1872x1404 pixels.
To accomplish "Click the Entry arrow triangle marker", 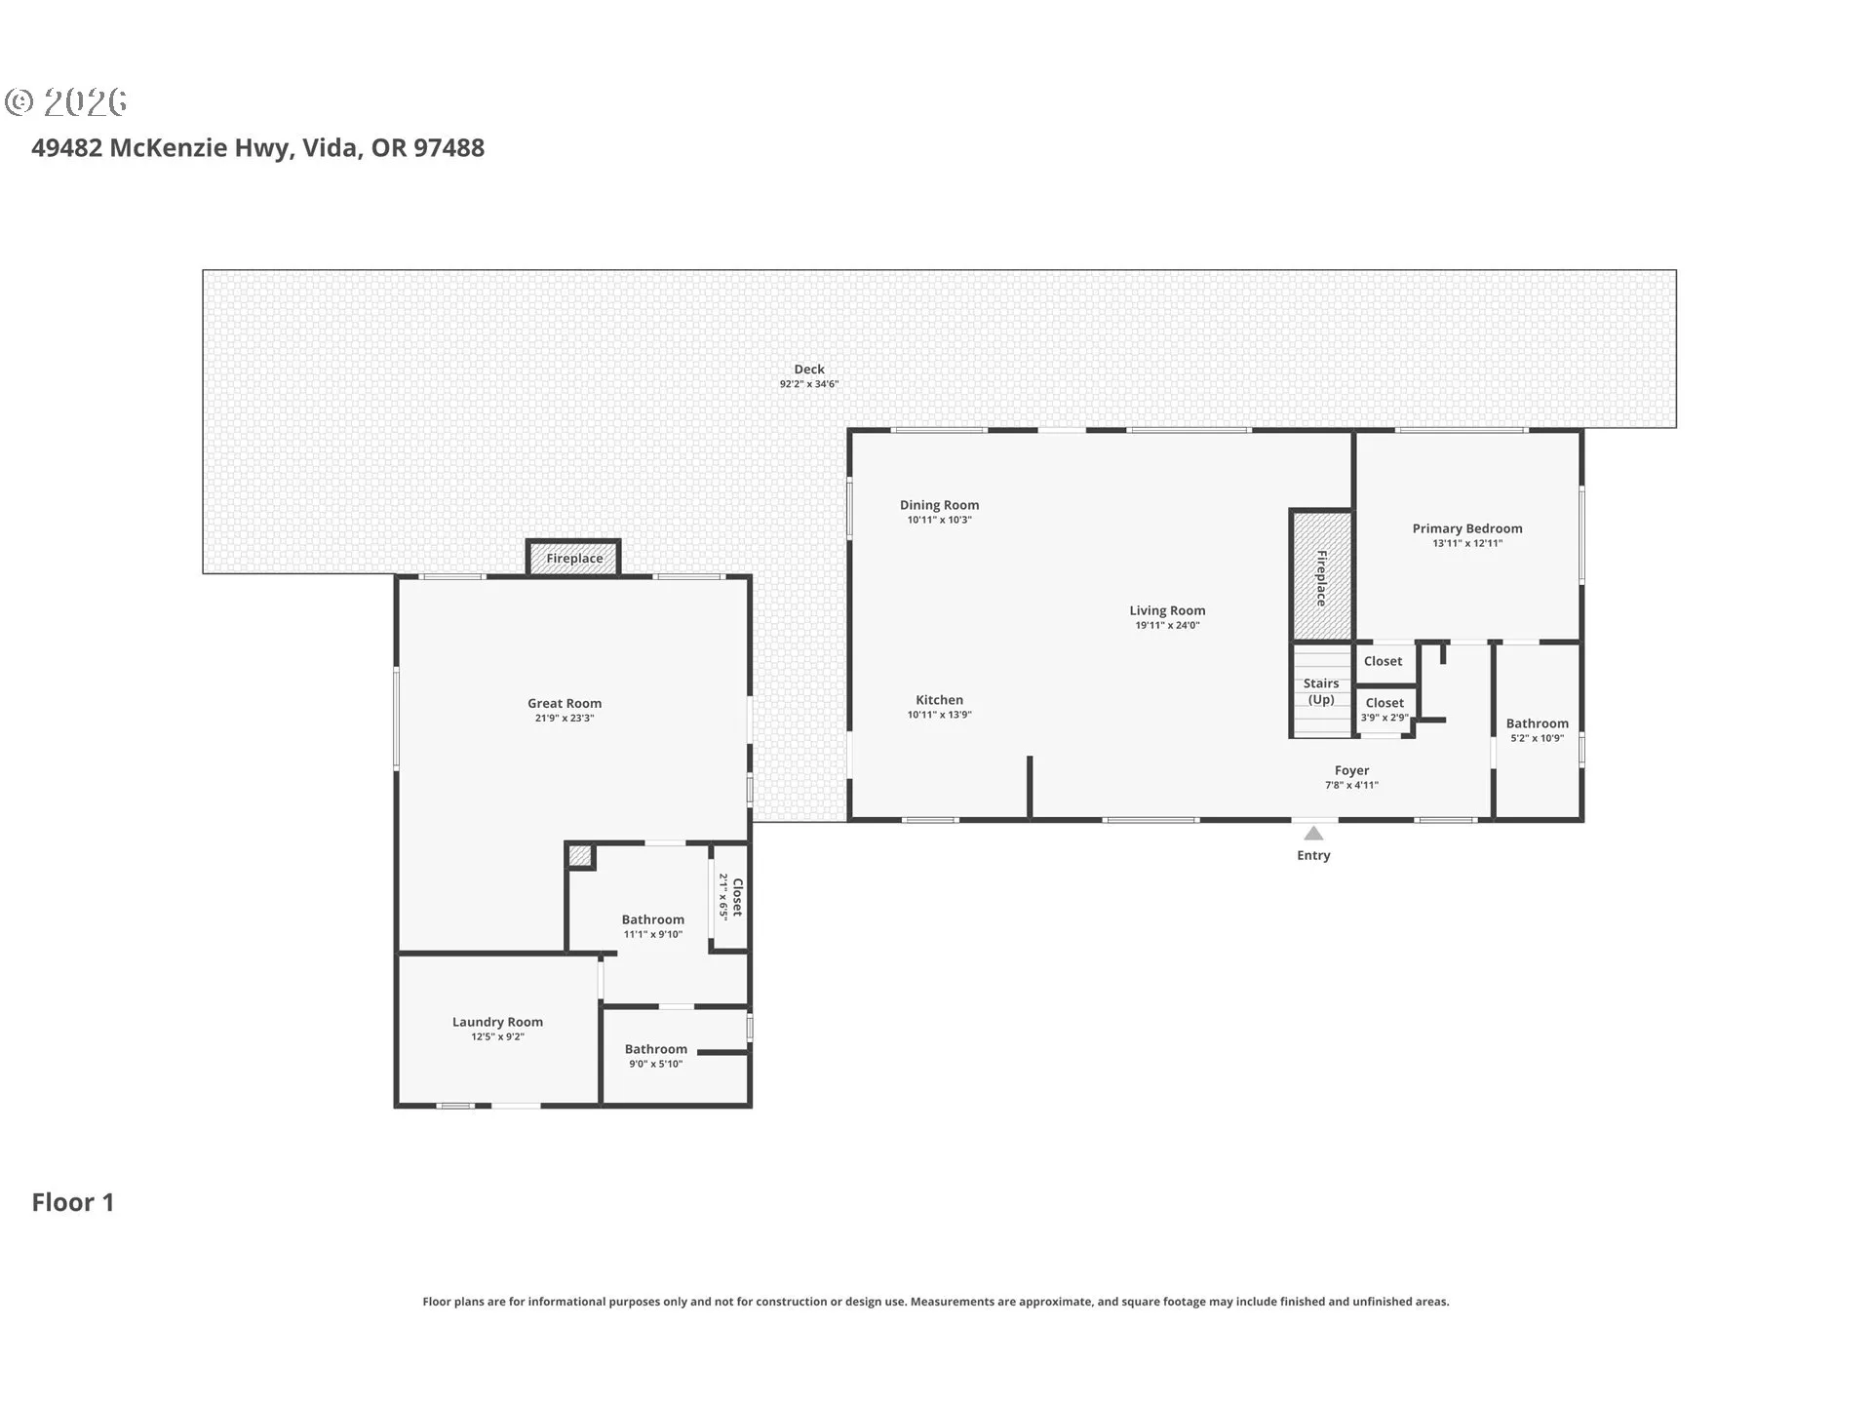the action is [1313, 833].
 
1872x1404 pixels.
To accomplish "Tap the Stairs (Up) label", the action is [1321, 691].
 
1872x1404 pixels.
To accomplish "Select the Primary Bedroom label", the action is [1467, 528].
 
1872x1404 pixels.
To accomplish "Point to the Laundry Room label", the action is [497, 1022].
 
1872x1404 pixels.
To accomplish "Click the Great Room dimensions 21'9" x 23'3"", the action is [565, 719].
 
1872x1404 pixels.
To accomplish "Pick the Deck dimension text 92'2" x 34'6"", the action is [809, 384].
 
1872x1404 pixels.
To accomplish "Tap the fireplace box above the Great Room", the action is [574, 558].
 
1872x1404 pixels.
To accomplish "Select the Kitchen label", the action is [939, 700].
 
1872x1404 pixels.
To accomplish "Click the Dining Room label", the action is [939, 505].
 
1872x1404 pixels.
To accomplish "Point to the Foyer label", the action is [1351, 770].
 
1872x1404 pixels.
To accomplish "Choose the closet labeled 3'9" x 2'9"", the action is [1384, 710].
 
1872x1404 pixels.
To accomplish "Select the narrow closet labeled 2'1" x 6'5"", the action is [730, 896].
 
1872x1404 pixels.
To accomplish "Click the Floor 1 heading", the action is [73, 1202].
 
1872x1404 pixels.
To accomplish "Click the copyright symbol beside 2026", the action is [19, 101].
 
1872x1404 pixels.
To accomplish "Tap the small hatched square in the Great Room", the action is [580, 856].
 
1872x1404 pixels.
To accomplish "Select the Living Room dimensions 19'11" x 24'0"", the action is [1167, 626].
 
